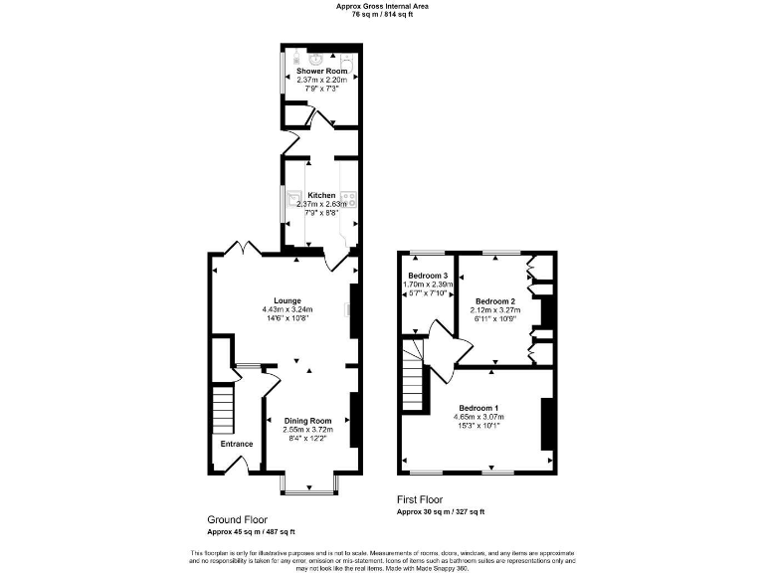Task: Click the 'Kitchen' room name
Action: click(x=320, y=195)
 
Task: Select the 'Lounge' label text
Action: click(x=287, y=299)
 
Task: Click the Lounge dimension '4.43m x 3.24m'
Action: click(x=287, y=308)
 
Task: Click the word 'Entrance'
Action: click(x=237, y=444)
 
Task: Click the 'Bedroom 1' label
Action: click(x=478, y=408)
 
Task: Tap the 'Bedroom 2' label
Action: click(x=494, y=301)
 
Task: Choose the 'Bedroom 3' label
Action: click(x=428, y=275)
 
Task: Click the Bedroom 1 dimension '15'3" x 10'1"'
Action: click(x=478, y=426)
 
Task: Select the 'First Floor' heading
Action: click(x=419, y=499)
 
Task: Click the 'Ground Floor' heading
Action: click(x=237, y=519)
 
